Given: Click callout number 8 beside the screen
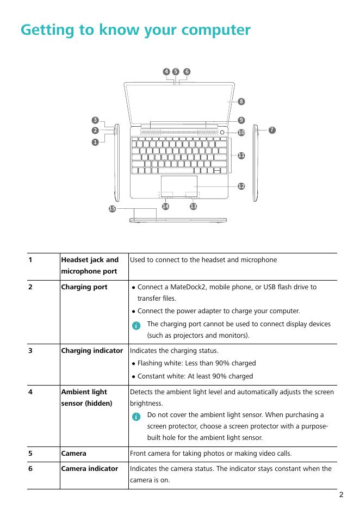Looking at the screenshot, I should tap(241, 101).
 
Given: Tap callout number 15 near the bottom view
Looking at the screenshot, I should tap(112, 209).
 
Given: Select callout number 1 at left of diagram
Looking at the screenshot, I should tap(95, 141).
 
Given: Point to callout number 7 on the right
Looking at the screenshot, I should tap(272, 129).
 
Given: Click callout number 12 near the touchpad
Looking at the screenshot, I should tap(241, 187).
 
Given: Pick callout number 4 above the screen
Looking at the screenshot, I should tap(166, 71).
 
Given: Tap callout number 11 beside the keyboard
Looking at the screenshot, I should tap(241, 156).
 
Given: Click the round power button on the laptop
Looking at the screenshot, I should tap(223, 132).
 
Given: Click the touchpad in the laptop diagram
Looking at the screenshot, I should tap(179, 183).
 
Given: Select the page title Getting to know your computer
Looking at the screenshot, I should tap(135, 29).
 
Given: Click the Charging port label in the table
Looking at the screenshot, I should tap(84, 287).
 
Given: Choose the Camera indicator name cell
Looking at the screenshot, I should tap(89, 468).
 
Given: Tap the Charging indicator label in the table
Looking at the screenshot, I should tap(92, 351).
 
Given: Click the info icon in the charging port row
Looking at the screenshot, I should tap(136, 325).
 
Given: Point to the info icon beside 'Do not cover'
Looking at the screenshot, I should tap(136, 416).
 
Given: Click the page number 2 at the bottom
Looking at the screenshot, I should tap(341, 495).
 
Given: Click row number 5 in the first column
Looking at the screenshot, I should tap(31, 454).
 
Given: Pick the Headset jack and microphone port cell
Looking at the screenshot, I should tap(90, 265).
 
